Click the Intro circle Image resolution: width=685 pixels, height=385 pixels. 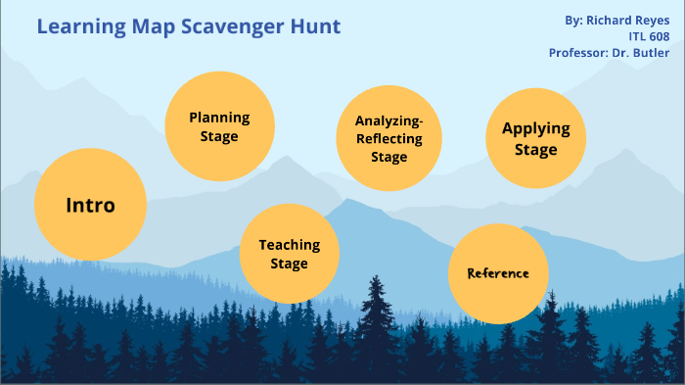point(90,205)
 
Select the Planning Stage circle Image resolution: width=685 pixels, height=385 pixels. point(219,126)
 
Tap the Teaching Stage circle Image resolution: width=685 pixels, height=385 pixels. point(289,254)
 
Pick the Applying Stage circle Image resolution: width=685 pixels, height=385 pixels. point(535,138)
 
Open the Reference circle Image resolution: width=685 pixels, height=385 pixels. point(497,273)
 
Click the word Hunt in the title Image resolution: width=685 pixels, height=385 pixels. point(314,26)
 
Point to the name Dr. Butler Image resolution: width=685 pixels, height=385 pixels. point(647,53)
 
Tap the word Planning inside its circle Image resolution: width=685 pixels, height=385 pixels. point(219,118)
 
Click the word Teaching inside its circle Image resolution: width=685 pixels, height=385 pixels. point(289,245)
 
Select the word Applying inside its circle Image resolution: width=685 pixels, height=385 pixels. point(535,128)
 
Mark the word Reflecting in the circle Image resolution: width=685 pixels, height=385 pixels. point(388,139)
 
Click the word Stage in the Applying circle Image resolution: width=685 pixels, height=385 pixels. point(535,150)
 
